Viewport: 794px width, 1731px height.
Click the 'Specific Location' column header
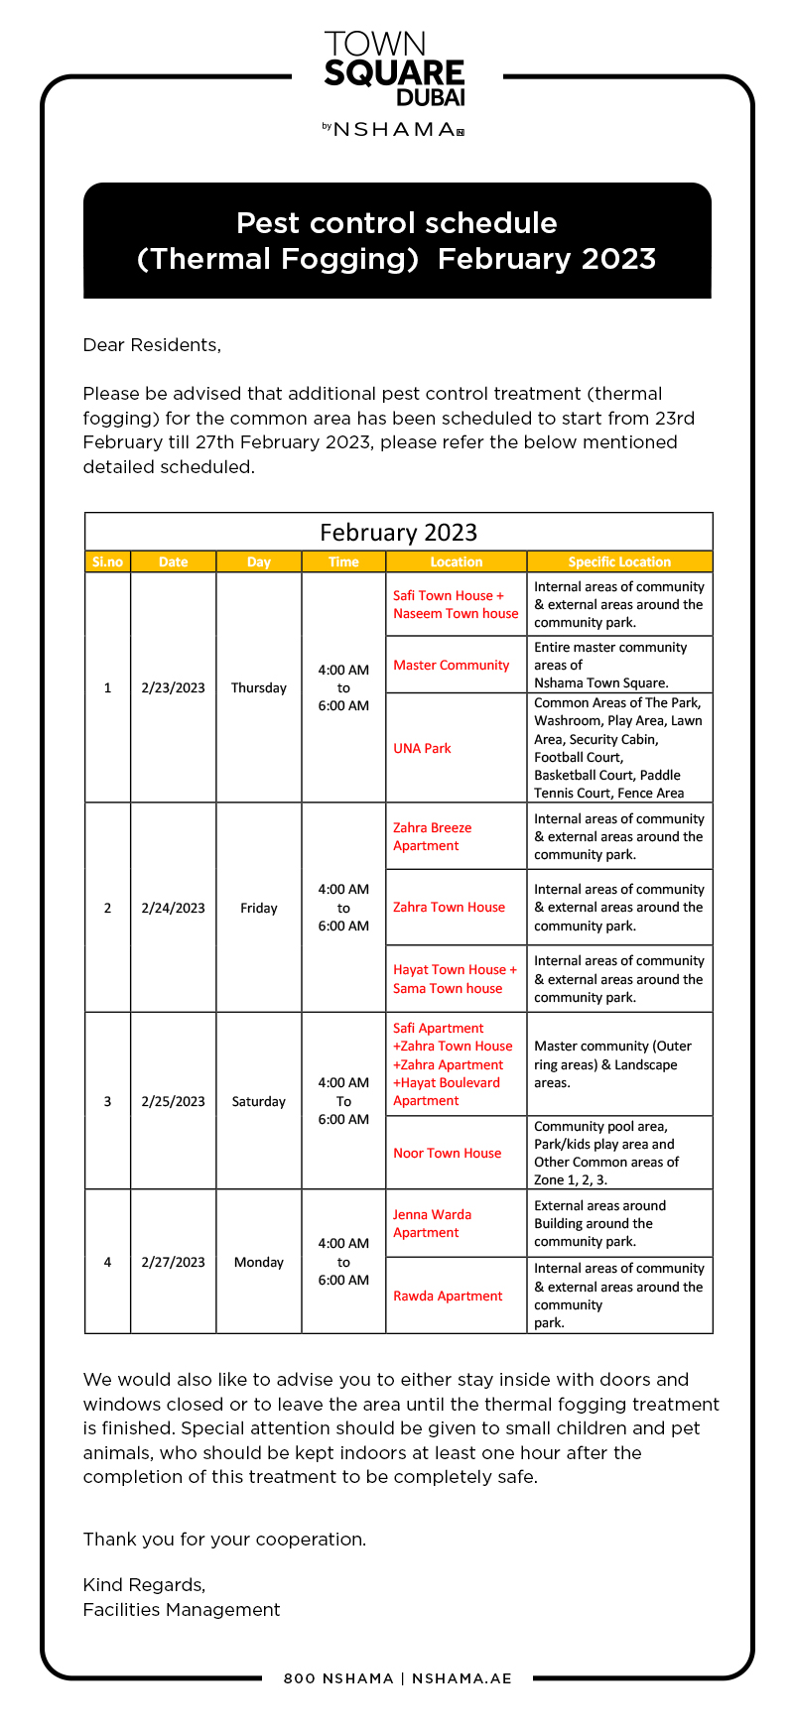click(619, 561)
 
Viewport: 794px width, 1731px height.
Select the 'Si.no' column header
click(107, 561)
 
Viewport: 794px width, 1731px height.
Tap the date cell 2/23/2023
click(173, 687)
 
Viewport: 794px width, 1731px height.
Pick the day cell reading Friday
click(258, 908)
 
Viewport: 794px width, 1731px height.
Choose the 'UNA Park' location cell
click(422, 748)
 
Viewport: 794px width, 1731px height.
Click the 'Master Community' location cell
click(451, 665)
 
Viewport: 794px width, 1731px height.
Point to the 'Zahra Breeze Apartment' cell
click(432, 836)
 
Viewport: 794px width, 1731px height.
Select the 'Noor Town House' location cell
click(447, 1153)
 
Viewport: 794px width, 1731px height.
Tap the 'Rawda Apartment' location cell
click(448, 1296)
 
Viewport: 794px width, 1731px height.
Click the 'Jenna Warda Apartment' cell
click(432, 1223)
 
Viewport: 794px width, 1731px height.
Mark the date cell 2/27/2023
click(173, 1262)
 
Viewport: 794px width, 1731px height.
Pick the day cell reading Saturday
click(258, 1101)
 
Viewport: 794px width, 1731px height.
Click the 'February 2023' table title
click(398, 533)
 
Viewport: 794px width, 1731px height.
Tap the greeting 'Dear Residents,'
click(152, 345)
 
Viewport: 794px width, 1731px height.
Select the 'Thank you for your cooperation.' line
click(224, 1539)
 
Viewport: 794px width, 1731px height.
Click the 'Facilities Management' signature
click(182, 1609)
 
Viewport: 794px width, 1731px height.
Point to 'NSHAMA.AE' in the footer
click(462, 1678)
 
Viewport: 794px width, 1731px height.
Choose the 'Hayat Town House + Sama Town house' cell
click(455, 979)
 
